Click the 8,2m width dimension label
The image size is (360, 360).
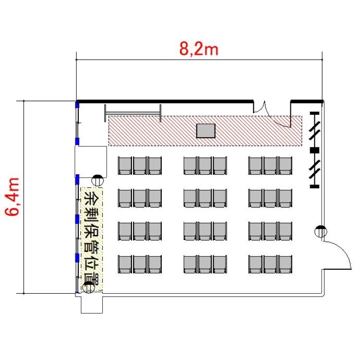199,49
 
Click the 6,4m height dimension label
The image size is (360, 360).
12,196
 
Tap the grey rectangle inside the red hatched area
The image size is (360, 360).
206,131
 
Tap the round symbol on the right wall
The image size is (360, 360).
321,231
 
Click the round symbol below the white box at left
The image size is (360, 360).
97,180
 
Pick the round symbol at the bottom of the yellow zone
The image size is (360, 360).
89,287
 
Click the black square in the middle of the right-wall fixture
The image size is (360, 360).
314,150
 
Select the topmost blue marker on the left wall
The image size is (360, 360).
77,105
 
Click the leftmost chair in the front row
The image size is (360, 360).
125,165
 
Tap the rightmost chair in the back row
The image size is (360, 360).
285,264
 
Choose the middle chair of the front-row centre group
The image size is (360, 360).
205,165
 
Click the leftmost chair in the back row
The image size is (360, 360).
125,264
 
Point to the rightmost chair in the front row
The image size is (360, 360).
285,165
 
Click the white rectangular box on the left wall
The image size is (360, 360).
91,162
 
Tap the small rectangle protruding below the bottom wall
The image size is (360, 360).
92,305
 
